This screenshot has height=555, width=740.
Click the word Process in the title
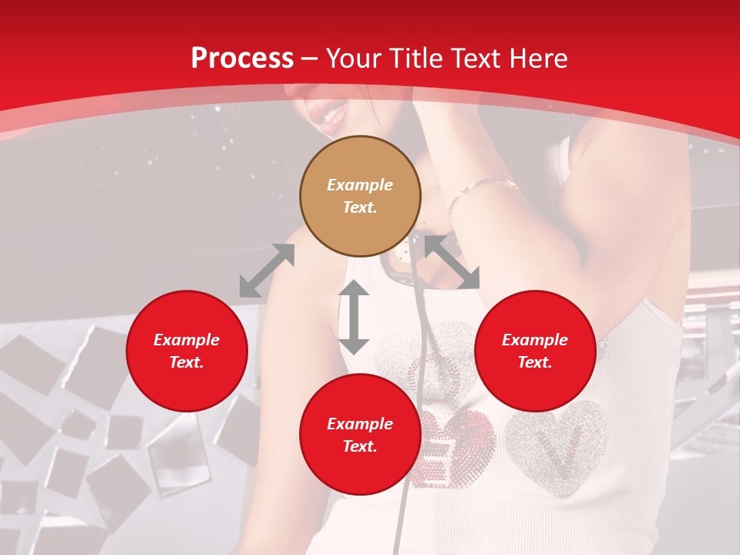point(242,59)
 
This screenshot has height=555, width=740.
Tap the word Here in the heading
point(537,59)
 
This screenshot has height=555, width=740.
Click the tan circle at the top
point(360,196)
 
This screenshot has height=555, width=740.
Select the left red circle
point(187,351)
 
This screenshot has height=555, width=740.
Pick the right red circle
point(535,351)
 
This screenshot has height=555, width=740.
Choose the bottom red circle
point(360,435)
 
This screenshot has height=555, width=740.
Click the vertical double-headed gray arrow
point(354,317)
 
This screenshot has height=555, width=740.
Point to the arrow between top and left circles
point(267,271)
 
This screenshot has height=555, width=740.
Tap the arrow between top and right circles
point(452,262)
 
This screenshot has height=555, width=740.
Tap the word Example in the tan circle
point(360,185)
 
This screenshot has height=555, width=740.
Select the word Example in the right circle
point(535,340)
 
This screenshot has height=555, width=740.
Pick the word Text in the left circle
point(186,362)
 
